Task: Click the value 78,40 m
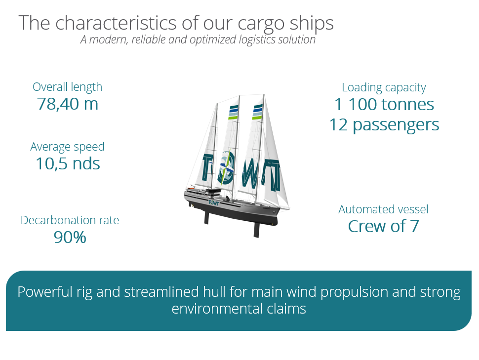pyautogui.click(x=68, y=104)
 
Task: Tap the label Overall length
pyautogui.click(x=67, y=87)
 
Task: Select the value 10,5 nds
pyautogui.click(x=68, y=163)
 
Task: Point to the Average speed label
pyautogui.click(x=67, y=147)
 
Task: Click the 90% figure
pyautogui.click(x=70, y=237)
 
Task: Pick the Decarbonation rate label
pyautogui.click(x=70, y=220)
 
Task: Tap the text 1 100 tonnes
pyautogui.click(x=384, y=105)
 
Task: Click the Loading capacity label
pyautogui.click(x=384, y=88)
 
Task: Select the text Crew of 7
pyautogui.click(x=383, y=227)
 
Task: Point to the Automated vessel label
pyautogui.click(x=383, y=209)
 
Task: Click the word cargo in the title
pyautogui.click(x=261, y=24)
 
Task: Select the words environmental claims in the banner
pyautogui.click(x=239, y=308)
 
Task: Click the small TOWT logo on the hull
pyautogui.click(x=214, y=202)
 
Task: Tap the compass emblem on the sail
pyautogui.click(x=226, y=167)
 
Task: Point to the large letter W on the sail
pyautogui.click(x=249, y=174)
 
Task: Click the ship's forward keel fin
pyautogui.click(x=257, y=230)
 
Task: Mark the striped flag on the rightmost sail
pyautogui.click(x=257, y=112)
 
